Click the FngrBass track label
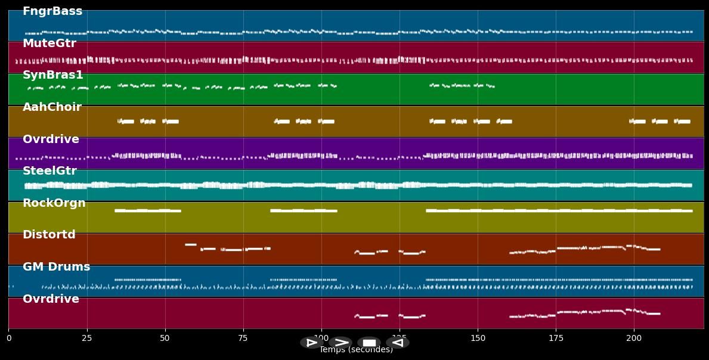click(52, 11)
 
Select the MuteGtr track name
click(49, 44)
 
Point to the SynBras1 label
click(53, 75)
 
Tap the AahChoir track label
click(52, 107)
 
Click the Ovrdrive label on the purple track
click(51, 139)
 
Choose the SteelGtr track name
click(49, 171)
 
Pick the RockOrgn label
click(54, 203)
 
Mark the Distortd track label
click(49, 235)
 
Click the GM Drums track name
click(56, 267)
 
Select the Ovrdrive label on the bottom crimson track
click(51, 299)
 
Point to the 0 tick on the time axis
click(9, 339)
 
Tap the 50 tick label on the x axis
click(165, 339)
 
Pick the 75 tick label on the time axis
click(243, 339)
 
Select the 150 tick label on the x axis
click(478, 339)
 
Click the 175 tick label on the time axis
click(556, 339)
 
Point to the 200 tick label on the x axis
click(634, 339)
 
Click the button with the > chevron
click(340, 343)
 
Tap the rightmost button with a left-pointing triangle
click(397, 343)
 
